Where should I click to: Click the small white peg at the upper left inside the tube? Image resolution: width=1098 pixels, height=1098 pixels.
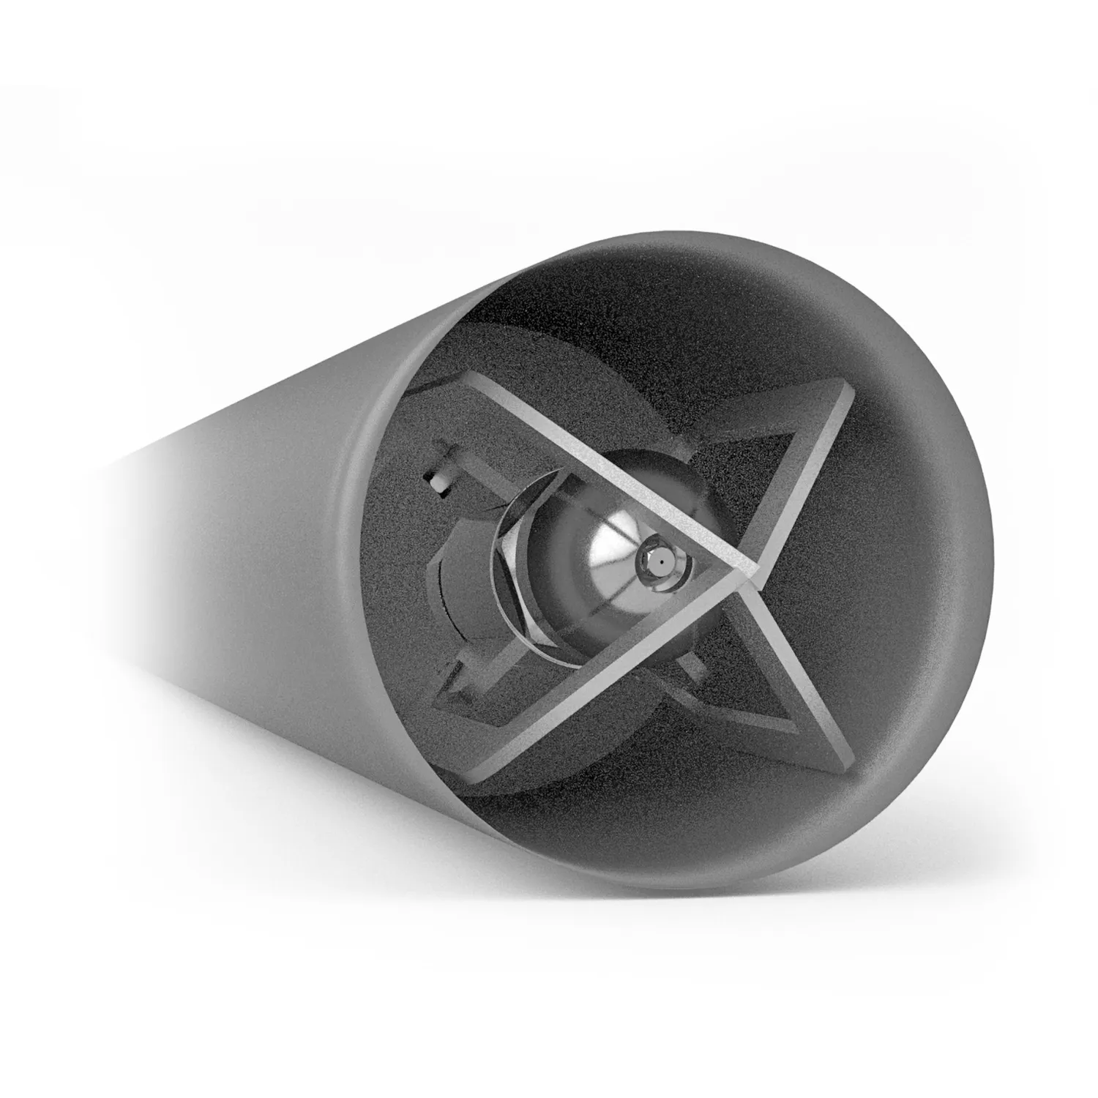(x=438, y=483)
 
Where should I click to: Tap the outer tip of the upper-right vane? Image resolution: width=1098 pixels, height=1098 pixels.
(x=849, y=395)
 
